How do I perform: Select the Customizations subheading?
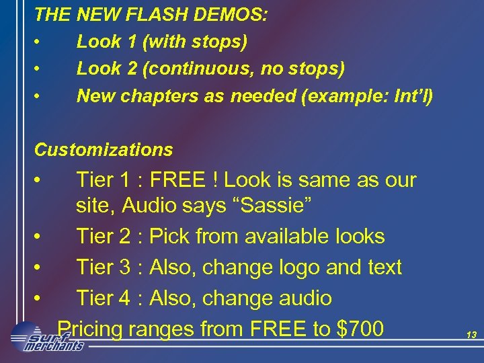click(x=104, y=149)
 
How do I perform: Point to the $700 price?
click(x=361, y=329)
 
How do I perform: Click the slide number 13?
click(x=471, y=334)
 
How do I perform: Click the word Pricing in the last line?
click(x=90, y=329)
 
